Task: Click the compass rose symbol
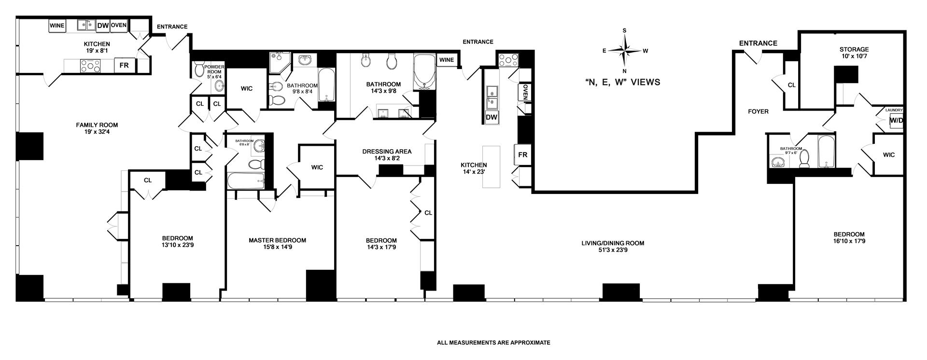click(625, 50)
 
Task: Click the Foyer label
click(758, 111)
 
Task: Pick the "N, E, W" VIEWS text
click(622, 83)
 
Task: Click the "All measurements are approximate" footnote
click(493, 343)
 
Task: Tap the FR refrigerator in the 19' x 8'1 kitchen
click(124, 65)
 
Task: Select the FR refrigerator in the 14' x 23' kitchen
click(522, 155)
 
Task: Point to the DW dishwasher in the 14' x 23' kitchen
click(492, 117)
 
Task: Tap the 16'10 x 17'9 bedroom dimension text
click(848, 241)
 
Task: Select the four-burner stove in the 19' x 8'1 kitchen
click(90, 65)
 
